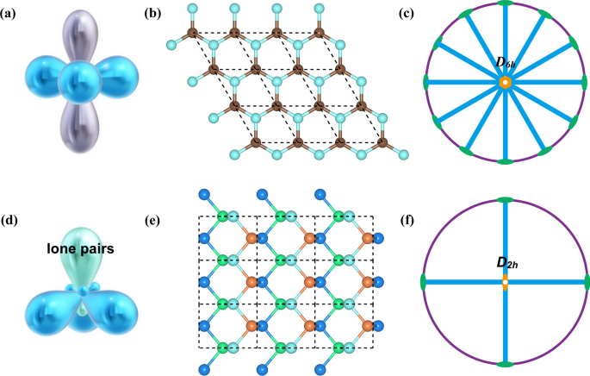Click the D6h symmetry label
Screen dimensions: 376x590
pos(505,63)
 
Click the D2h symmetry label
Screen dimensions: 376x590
pos(505,264)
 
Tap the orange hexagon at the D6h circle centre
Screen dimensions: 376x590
pos(505,83)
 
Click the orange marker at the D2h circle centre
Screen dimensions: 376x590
pos(505,283)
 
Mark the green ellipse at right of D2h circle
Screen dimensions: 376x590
pos(587,283)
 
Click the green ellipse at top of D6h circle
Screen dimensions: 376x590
pos(505,3)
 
